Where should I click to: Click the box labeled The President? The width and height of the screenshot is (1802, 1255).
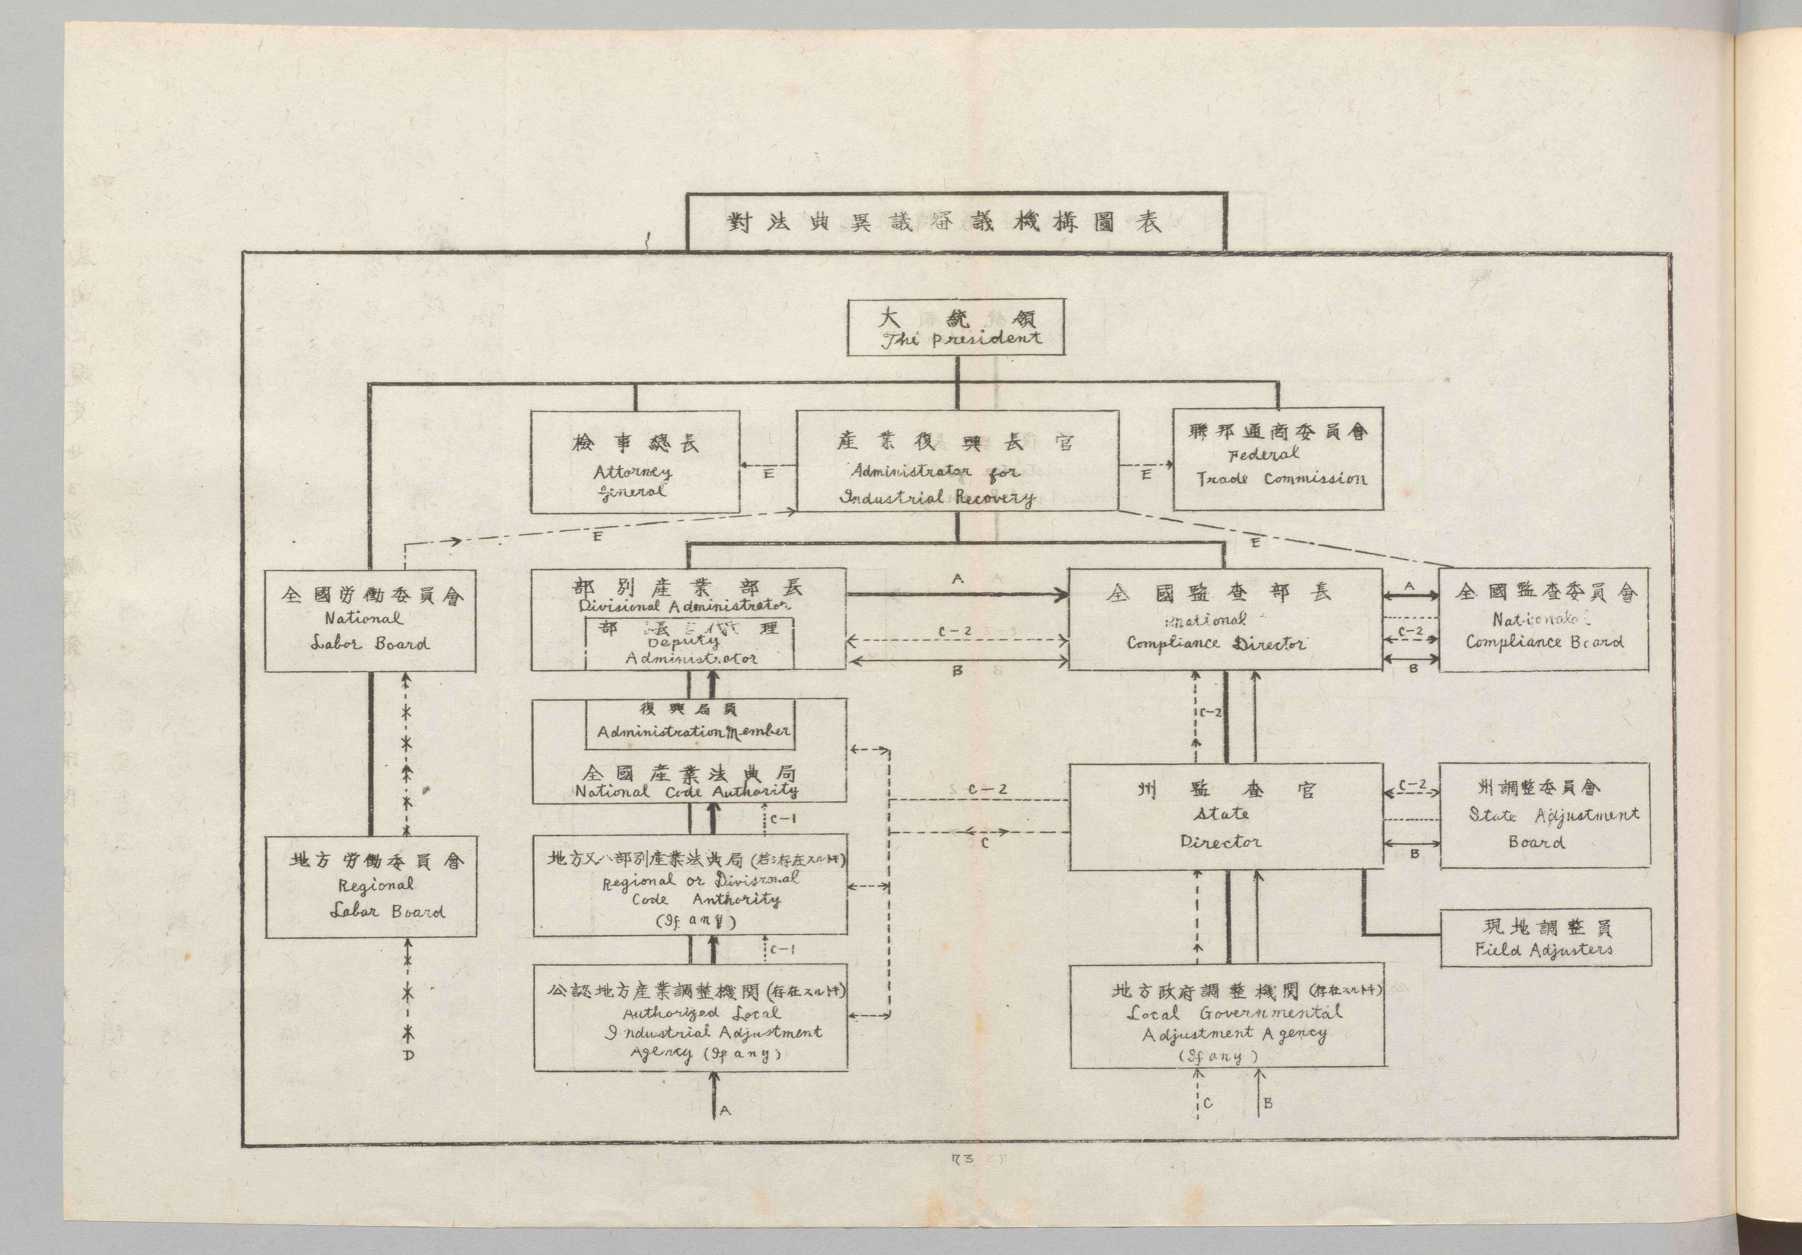click(956, 327)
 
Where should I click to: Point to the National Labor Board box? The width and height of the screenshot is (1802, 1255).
click(370, 620)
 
